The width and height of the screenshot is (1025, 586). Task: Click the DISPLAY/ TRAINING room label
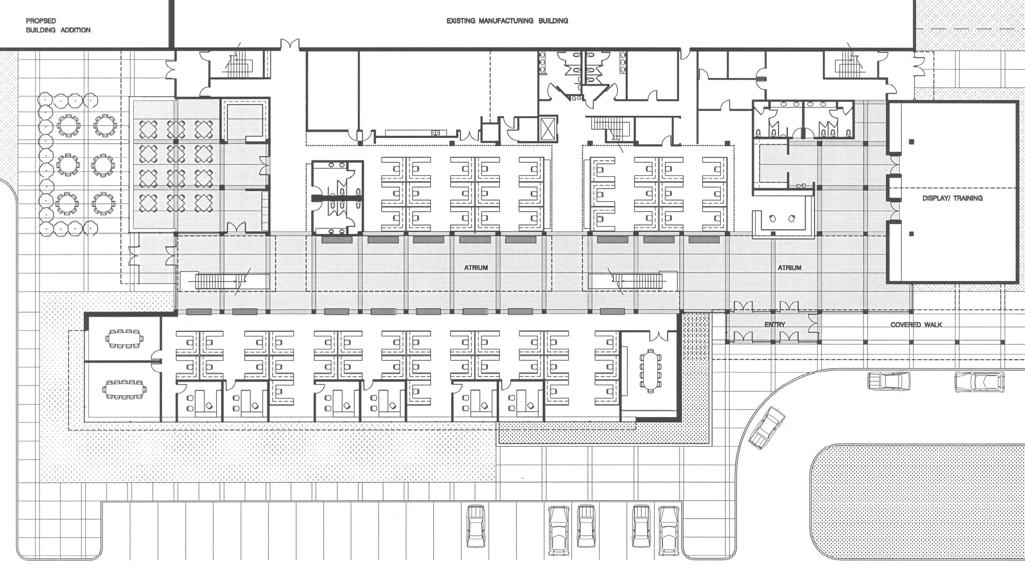(952, 198)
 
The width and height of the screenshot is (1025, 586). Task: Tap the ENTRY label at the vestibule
(774, 324)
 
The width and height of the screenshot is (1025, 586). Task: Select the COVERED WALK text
(916, 324)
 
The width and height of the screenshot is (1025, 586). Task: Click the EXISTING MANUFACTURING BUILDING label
(507, 21)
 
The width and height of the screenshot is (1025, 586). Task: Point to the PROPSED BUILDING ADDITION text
(58, 25)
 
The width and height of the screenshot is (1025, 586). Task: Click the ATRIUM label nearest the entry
(789, 268)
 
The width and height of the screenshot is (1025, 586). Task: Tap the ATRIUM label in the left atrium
(476, 268)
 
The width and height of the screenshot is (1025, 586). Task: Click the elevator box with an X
(547, 128)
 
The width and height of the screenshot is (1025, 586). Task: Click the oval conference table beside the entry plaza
(650, 371)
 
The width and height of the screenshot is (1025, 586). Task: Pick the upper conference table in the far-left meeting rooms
(124, 338)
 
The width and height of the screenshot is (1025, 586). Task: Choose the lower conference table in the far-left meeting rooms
(124, 389)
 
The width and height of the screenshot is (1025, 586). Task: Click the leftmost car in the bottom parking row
(476, 526)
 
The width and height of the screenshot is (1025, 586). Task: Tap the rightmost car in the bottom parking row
(669, 530)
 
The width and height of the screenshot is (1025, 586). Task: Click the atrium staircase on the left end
(220, 282)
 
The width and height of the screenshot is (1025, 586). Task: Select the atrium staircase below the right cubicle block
(638, 281)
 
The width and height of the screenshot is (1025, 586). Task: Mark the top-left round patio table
(68, 125)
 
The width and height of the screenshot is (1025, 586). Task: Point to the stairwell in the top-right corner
(847, 65)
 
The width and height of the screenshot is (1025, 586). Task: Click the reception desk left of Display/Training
(782, 223)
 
